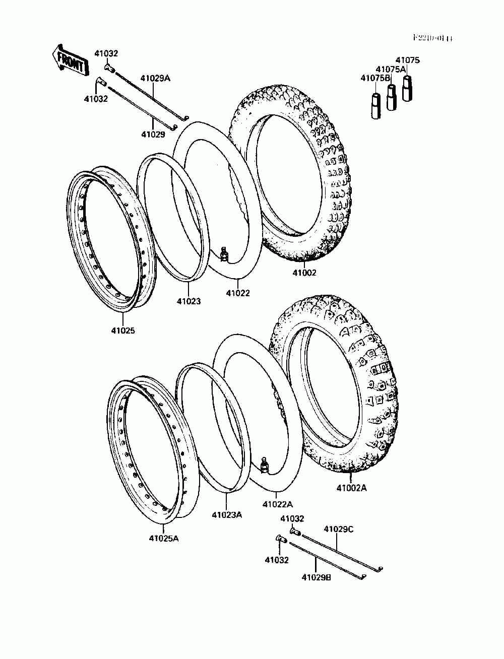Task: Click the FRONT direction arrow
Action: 70,60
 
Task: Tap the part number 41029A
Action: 155,78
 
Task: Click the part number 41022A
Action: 277,504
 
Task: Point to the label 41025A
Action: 164,538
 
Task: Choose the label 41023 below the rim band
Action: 188,301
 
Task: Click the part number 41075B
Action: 375,78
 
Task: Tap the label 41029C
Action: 338,529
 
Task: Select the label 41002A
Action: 352,488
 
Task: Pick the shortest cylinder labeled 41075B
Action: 376,106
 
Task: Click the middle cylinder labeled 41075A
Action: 392,97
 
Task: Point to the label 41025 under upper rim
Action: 123,331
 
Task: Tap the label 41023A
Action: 227,514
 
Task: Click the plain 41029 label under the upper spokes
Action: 153,135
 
